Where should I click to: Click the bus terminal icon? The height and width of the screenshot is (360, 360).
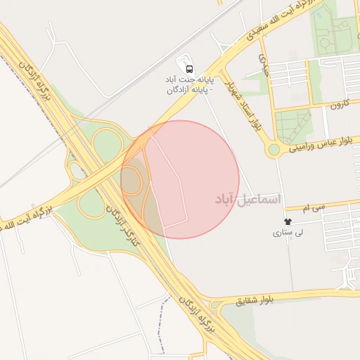click(x=189, y=68)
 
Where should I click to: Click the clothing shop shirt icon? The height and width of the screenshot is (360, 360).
click(x=288, y=221)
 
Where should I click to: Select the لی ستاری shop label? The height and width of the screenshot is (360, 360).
click(x=288, y=233)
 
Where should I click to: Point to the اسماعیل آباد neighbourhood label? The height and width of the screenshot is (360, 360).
click(x=247, y=200)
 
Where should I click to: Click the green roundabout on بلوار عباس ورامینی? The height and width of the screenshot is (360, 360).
click(x=274, y=149)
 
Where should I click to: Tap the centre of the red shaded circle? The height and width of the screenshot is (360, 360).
click(x=180, y=179)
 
